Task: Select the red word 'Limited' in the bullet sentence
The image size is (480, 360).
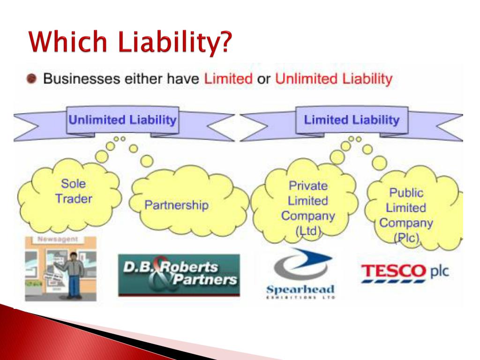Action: coord(228,78)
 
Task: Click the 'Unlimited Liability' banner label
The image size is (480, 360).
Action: coord(122,120)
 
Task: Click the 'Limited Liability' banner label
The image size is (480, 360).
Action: coord(351,120)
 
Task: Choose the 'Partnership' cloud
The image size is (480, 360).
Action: coord(176,205)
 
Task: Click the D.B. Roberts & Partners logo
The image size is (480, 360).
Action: coord(179,275)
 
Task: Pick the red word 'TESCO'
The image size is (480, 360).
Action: coord(392,271)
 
